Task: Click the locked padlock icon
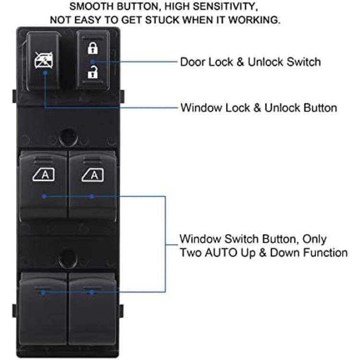[93, 48]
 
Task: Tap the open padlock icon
[93, 72]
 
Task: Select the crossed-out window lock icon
[43, 60]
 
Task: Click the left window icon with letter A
[44, 175]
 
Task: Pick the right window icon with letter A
[93, 175]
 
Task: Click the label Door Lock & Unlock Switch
[251, 62]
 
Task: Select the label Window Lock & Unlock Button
[259, 108]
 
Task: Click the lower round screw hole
[68, 258]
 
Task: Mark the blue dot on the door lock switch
[92, 62]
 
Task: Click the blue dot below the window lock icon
[45, 72]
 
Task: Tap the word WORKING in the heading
[254, 20]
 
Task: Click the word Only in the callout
[314, 239]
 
